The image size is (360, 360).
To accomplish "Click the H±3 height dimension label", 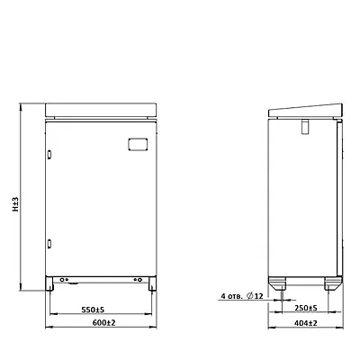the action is click(x=15, y=204).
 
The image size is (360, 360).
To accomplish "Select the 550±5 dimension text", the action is click(x=95, y=310).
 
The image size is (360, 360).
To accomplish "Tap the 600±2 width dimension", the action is click(x=104, y=323).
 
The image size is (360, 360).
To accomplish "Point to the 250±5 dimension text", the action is click(x=306, y=308).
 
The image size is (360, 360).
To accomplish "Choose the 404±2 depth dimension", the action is click(x=306, y=323).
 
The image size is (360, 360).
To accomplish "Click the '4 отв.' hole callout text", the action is click(x=231, y=296).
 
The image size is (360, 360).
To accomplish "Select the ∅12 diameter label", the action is click(x=255, y=296).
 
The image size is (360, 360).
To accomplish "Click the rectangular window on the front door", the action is click(x=138, y=144).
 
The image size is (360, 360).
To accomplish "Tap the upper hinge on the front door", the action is click(x=49, y=154).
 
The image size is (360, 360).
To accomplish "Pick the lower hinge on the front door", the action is click(x=49, y=243).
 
